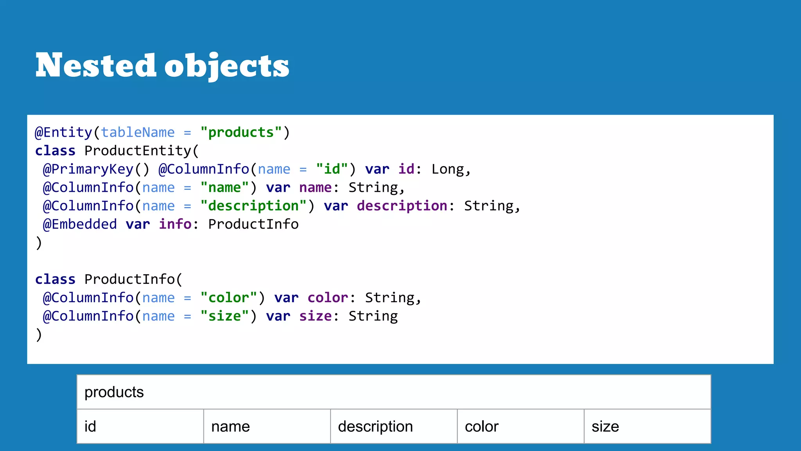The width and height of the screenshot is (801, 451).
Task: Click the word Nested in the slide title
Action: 96,65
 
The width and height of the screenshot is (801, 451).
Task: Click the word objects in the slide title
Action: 226,66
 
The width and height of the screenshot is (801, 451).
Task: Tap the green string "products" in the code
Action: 241,132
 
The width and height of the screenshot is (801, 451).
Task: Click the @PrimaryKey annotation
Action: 88,169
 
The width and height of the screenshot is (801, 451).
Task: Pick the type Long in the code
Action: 448,169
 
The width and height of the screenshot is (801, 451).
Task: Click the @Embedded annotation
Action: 80,224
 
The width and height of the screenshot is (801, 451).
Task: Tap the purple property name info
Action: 175,224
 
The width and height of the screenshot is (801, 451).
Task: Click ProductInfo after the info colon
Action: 253,224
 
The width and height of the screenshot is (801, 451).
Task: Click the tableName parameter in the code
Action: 138,132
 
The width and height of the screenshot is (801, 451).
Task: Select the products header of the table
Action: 114,392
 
